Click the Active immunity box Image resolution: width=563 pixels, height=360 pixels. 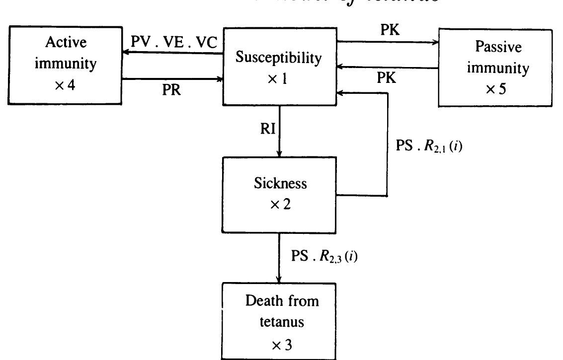tap(65, 65)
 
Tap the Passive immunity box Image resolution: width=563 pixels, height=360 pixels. tap(495, 68)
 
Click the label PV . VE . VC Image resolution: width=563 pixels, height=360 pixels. tap(174, 43)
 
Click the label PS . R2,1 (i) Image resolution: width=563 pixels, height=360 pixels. tap(429, 146)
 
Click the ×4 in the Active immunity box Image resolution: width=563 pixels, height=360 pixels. tap(65, 84)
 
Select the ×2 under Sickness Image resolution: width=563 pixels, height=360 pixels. tap(280, 205)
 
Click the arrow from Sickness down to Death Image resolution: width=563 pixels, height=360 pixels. tap(279, 258)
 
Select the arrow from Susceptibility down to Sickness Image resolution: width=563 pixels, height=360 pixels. tap(280, 131)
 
